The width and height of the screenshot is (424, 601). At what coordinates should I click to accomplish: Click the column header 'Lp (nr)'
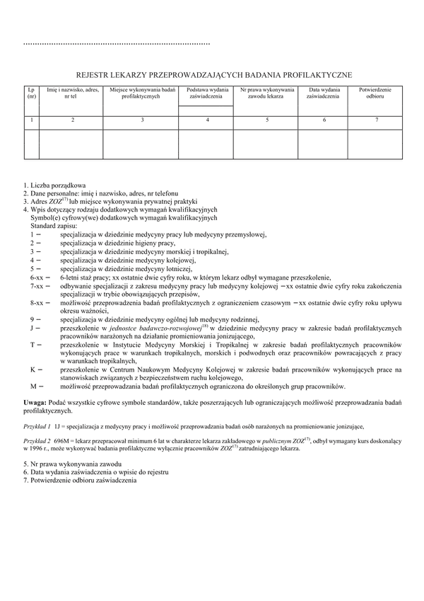click(31, 94)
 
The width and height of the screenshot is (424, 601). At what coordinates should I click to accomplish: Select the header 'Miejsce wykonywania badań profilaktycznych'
click(142, 94)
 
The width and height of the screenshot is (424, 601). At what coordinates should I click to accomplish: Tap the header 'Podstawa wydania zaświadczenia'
click(208, 94)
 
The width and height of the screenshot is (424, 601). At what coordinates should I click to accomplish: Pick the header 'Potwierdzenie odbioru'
click(377, 94)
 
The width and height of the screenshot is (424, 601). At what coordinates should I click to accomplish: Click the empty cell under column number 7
click(377, 143)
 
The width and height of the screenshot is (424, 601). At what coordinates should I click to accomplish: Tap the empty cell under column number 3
click(142, 143)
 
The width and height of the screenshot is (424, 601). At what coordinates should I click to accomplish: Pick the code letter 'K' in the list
click(33, 369)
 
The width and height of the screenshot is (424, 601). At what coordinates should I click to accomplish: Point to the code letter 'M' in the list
click(33, 386)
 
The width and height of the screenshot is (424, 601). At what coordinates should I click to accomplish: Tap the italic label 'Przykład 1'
click(37, 426)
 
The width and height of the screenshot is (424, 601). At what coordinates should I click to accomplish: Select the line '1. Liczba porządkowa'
click(54, 185)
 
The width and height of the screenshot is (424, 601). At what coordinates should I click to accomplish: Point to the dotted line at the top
click(117, 44)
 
